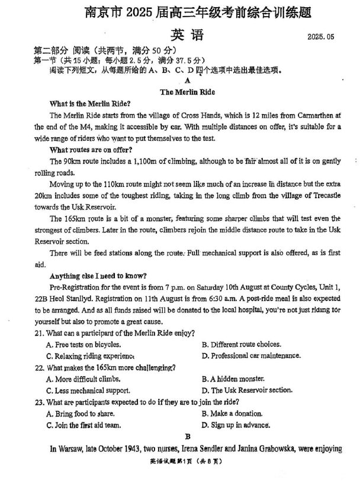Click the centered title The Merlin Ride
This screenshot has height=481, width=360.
coord(187,92)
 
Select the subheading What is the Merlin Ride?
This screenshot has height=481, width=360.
coord(89,104)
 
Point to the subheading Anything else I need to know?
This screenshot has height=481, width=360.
coord(98,276)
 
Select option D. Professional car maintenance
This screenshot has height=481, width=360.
coord(251,356)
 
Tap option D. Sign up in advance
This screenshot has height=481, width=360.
coord(236,425)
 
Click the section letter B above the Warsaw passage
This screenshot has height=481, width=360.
coord(187,437)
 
